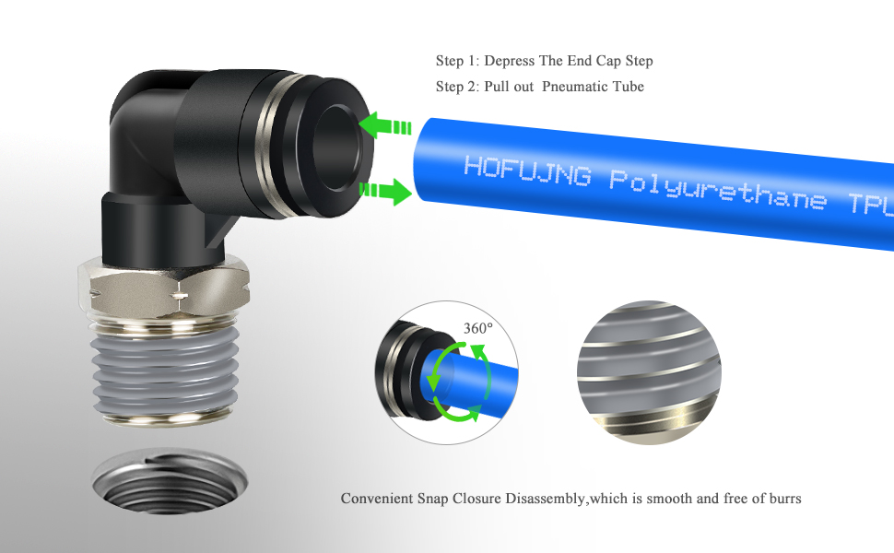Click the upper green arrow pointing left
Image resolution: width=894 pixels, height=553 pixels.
[385, 127]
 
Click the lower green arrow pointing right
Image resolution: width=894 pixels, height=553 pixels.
[385, 192]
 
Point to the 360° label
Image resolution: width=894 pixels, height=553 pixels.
[477, 327]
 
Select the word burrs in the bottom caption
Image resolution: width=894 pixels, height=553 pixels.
[782, 499]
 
